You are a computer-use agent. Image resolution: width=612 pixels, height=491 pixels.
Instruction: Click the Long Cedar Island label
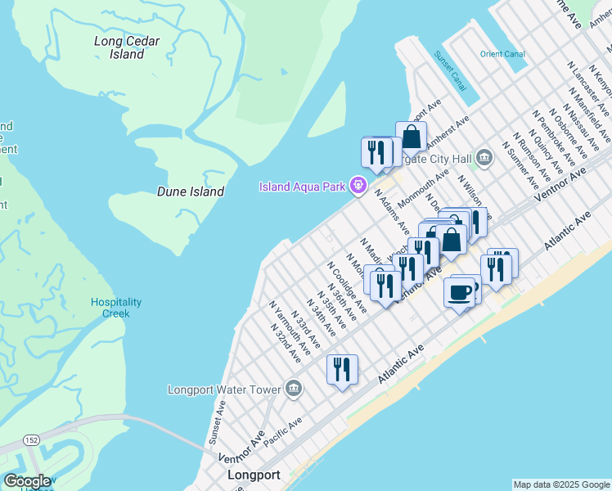click(x=126, y=47)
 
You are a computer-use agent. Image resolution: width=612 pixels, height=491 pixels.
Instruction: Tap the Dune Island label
click(x=191, y=191)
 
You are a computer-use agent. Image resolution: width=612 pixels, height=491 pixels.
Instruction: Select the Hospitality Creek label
click(x=115, y=308)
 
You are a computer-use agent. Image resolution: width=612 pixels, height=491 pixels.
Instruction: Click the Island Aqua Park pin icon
click(x=357, y=187)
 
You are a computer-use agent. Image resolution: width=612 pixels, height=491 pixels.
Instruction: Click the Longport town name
click(x=254, y=475)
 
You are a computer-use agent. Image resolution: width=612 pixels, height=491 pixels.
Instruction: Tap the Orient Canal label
click(x=502, y=54)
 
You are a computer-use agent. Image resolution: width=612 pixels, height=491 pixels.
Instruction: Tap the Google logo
click(x=26, y=481)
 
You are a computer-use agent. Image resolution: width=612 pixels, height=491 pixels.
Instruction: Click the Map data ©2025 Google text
click(x=560, y=484)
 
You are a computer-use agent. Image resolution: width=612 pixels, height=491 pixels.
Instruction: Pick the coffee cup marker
click(x=459, y=292)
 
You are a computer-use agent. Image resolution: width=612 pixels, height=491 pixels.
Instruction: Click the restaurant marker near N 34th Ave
click(x=342, y=369)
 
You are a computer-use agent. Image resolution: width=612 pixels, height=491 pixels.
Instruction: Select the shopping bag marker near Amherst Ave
click(x=411, y=137)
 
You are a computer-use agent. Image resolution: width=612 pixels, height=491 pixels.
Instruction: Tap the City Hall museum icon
click(x=484, y=155)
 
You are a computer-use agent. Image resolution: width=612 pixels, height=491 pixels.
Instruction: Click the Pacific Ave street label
click(x=282, y=430)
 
